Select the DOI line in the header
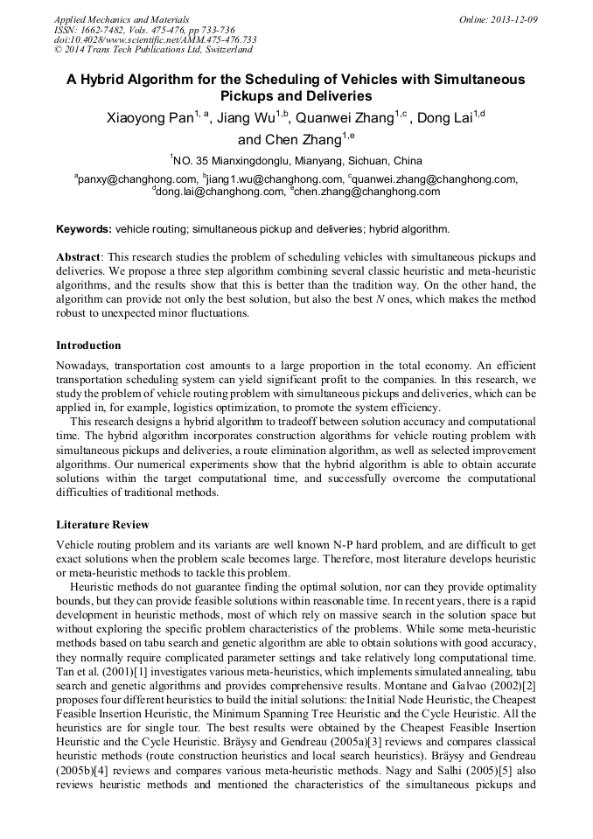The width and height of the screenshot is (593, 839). (155, 39)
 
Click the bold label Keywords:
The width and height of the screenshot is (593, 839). (84, 229)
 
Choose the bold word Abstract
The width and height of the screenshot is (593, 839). (79, 258)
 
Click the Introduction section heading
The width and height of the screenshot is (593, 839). (88, 345)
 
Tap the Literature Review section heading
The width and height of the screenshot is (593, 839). (102, 525)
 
